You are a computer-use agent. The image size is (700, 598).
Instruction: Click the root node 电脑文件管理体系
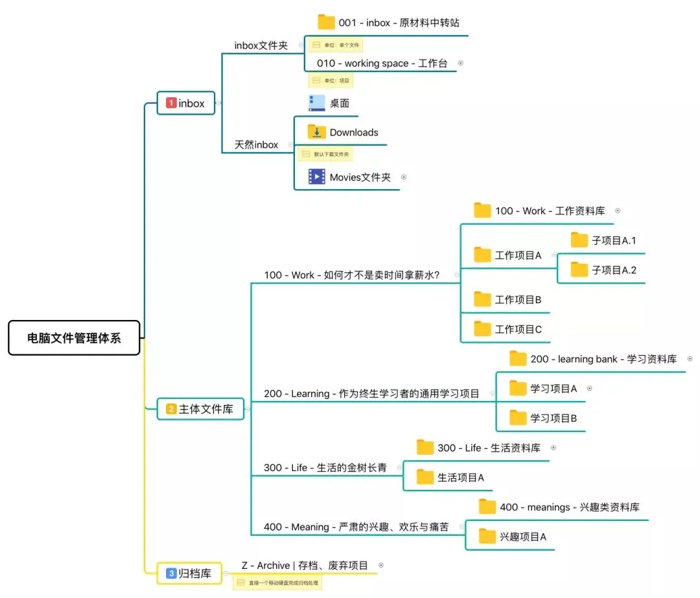[74, 338]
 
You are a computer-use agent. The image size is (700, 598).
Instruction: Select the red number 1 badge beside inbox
[171, 103]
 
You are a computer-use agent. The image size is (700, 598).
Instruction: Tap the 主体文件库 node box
[200, 409]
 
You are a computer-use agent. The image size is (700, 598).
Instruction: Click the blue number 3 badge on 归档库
[171, 573]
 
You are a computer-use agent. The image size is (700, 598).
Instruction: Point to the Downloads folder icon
[316, 132]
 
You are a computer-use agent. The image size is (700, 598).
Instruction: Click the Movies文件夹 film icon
[316, 177]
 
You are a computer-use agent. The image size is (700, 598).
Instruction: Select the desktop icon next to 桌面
[316, 103]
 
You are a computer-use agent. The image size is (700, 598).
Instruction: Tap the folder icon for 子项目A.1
[579, 240]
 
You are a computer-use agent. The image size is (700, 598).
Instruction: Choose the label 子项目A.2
[614, 270]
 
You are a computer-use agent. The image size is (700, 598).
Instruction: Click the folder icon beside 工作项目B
[482, 299]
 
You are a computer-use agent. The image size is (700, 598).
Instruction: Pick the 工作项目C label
[518, 329]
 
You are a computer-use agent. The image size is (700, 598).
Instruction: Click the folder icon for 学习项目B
[518, 418]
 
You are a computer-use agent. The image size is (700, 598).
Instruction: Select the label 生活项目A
[460, 477]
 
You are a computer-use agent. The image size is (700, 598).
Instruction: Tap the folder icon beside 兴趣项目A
[487, 536]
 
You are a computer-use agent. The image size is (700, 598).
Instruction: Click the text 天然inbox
[256, 144]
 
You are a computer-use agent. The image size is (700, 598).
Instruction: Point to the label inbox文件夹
[261, 45]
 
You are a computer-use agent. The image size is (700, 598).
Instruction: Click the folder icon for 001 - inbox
[326, 23]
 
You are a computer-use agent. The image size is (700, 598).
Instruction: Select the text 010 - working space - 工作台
[382, 63]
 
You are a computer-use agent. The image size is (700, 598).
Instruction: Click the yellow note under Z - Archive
[277, 582]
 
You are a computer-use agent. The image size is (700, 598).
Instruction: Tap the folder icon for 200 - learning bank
[518, 359]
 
